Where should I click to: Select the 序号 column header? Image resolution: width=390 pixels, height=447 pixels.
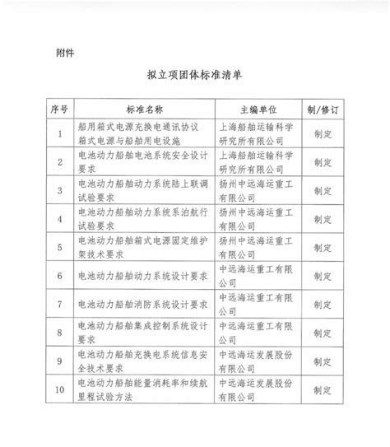pos(58,109)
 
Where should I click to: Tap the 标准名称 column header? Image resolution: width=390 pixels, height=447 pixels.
pos(144,109)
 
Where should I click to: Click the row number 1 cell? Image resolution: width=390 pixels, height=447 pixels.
pos(58,133)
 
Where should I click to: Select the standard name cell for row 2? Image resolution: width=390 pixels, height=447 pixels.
pos(144,161)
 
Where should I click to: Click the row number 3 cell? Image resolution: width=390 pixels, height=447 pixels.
pos(58,190)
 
